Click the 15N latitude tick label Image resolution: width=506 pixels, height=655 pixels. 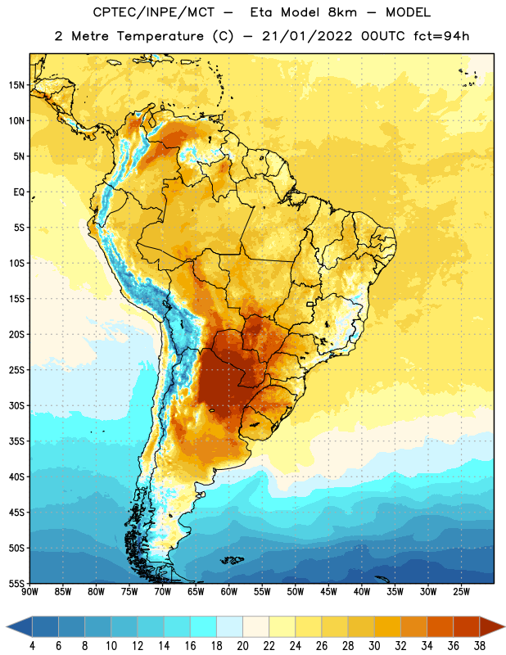[16, 85]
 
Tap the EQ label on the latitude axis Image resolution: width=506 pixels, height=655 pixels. [19, 192]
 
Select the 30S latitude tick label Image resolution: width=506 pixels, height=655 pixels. [16, 406]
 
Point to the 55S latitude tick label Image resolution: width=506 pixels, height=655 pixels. [16, 584]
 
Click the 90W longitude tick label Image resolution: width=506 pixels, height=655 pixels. [29, 592]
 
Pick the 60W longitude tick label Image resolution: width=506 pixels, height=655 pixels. [229, 592]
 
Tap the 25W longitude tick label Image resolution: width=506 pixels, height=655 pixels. [461, 592]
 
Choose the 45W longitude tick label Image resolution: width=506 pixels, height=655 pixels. [328, 592]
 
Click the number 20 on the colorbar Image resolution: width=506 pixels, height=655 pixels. [242, 646]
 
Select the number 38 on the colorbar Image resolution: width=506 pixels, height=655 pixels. [480, 646]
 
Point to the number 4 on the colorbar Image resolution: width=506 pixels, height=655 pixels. [32, 646]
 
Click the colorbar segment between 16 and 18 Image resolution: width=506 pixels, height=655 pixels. [204, 626]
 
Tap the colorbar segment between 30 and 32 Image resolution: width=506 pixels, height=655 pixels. [387, 626]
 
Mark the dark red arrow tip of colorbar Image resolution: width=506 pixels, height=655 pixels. [504, 626]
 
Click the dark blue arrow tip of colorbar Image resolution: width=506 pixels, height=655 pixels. [7, 626]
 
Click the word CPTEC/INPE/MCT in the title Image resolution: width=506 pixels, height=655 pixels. [153, 12]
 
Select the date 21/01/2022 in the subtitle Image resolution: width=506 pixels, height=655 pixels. [307, 36]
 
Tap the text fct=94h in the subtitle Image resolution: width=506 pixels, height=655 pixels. [440, 36]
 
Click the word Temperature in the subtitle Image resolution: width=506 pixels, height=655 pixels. [160, 36]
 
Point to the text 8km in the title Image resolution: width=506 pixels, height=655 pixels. [342, 12]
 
